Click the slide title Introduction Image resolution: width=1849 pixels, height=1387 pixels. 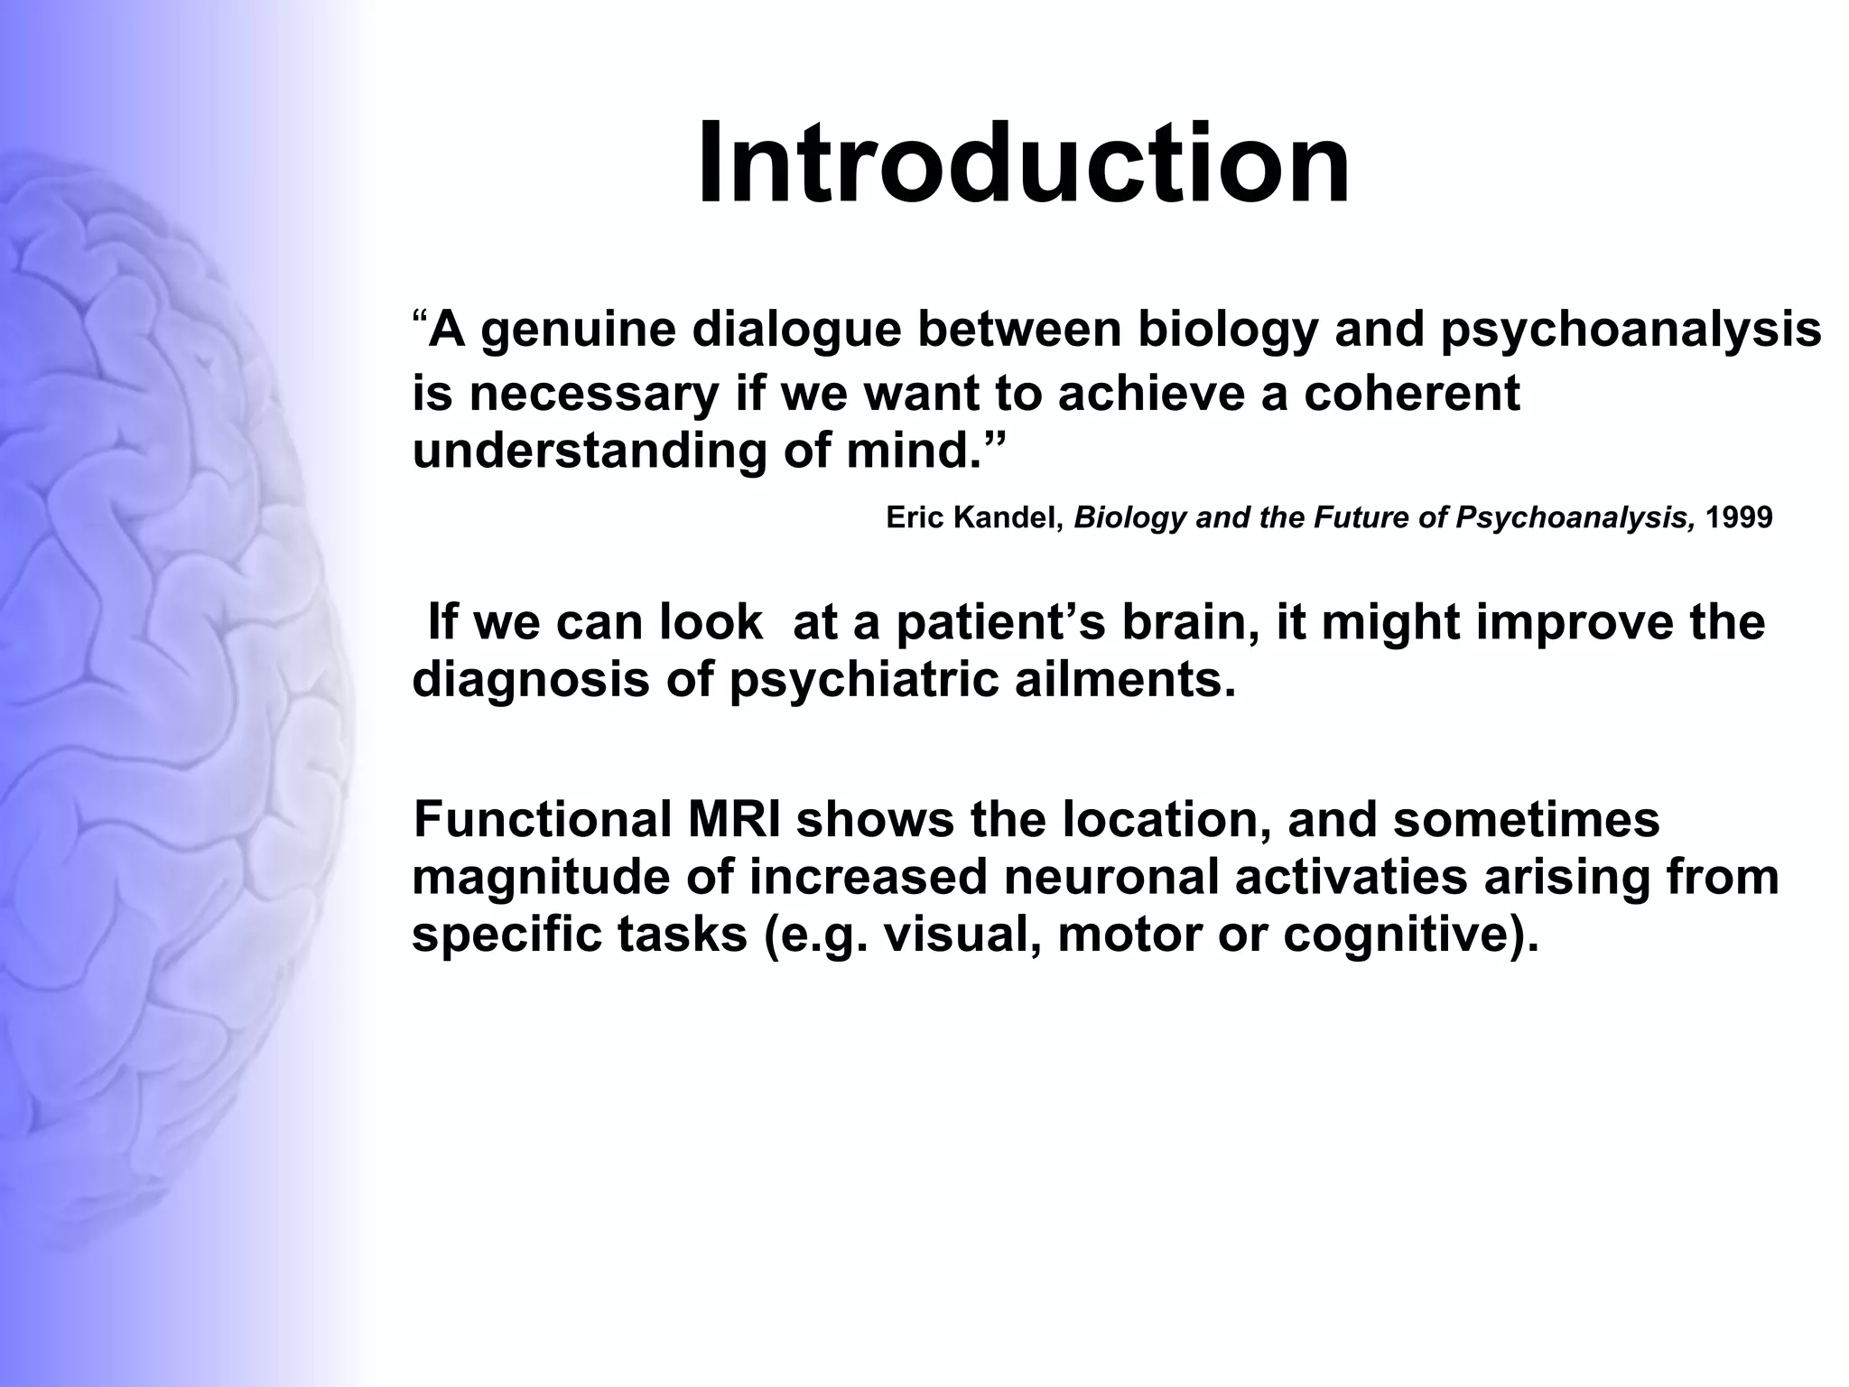point(1024,163)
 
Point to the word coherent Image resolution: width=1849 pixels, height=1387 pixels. point(1412,394)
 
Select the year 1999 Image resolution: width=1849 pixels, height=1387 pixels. point(1739,518)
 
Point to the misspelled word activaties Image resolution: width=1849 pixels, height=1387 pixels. point(1351,878)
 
